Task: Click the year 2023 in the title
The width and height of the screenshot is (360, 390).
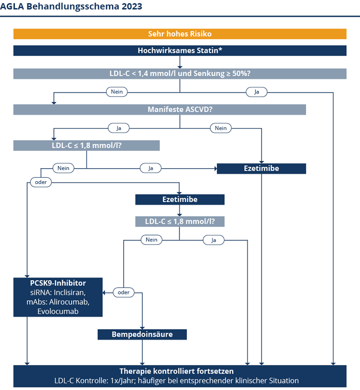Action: coord(132,6)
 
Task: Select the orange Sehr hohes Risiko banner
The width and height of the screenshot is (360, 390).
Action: coord(180,34)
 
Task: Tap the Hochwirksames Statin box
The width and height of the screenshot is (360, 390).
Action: coord(180,50)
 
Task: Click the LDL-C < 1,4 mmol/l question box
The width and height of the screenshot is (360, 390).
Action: coord(180,74)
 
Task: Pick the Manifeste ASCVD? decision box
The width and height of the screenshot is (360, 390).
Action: coord(159,109)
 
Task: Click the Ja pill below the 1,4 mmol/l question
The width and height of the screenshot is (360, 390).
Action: coord(257,92)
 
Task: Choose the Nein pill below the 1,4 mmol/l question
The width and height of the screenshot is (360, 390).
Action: coord(117,92)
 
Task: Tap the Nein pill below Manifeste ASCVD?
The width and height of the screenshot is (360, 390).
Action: coord(221,128)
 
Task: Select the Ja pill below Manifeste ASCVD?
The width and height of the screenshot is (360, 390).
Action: coord(119,128)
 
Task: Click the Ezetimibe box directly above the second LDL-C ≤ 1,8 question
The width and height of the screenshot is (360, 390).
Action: coord(180,199)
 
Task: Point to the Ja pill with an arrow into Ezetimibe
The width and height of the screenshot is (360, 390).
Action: coord(151,168)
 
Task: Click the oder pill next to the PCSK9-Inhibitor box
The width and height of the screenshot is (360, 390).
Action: coord(124,292)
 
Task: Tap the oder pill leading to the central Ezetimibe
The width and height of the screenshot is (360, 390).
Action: coord(41,182)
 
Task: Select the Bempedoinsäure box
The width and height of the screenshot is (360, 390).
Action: coord(142,334)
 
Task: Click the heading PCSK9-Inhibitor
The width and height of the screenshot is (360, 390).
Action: coord(58,283)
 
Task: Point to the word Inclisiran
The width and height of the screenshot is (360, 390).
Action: coord(70,292)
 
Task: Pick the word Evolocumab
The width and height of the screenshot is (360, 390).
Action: coord(58,311)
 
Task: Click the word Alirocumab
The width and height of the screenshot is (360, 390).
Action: coord(70,302)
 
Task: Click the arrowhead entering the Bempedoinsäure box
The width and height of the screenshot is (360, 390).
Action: coord(142,328)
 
